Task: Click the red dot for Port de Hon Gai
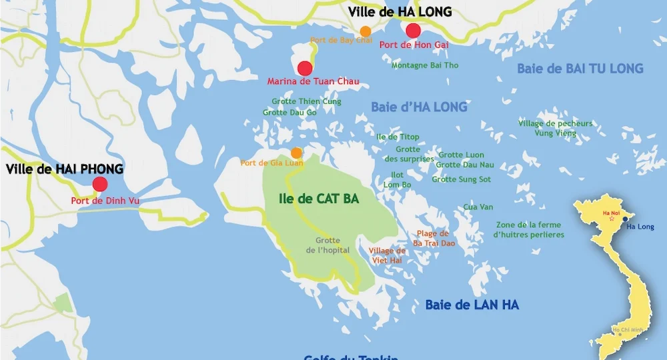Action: [413, 31]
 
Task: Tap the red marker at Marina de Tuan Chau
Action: [305, 68]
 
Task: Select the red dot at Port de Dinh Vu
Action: [100, 185]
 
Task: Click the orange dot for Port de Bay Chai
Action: [366, 31]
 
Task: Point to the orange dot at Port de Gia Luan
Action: [296, 153]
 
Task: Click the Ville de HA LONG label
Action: [400, 12]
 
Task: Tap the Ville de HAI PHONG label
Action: [65, 169]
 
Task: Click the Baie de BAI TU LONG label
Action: [580, 68]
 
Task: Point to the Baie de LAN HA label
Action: [472, 305]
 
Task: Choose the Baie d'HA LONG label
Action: [419, 107]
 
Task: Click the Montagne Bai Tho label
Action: [425, 65]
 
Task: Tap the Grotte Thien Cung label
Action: [306, 102]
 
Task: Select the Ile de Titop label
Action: [398, 137]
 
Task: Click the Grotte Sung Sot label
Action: [461, 179]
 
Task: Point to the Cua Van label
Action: [478, 207]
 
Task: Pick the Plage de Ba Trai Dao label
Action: [434, 239]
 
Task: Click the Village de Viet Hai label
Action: [387, 255]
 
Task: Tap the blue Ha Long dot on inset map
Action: [625, 218]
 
